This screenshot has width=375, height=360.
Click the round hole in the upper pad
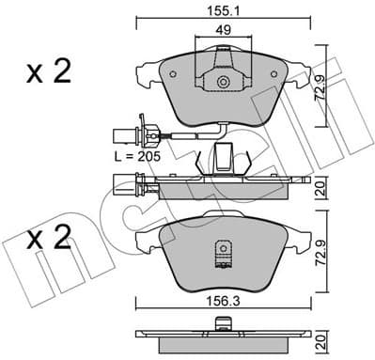pyautogui.click(x=224, y=83)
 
